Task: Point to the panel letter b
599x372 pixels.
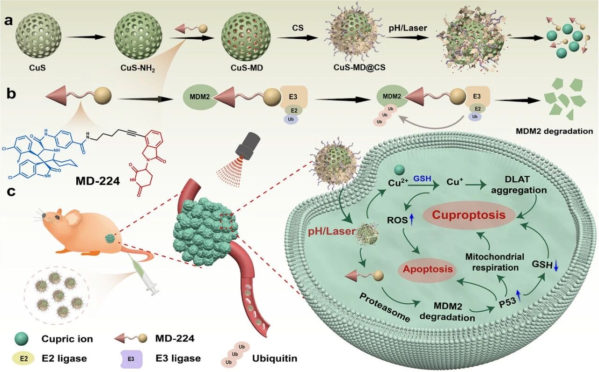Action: pos(11,93)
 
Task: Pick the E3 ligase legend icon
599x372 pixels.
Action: pos(131,358)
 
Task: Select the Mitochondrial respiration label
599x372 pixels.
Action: pos(494,262)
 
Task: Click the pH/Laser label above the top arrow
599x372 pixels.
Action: pos(407,28)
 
